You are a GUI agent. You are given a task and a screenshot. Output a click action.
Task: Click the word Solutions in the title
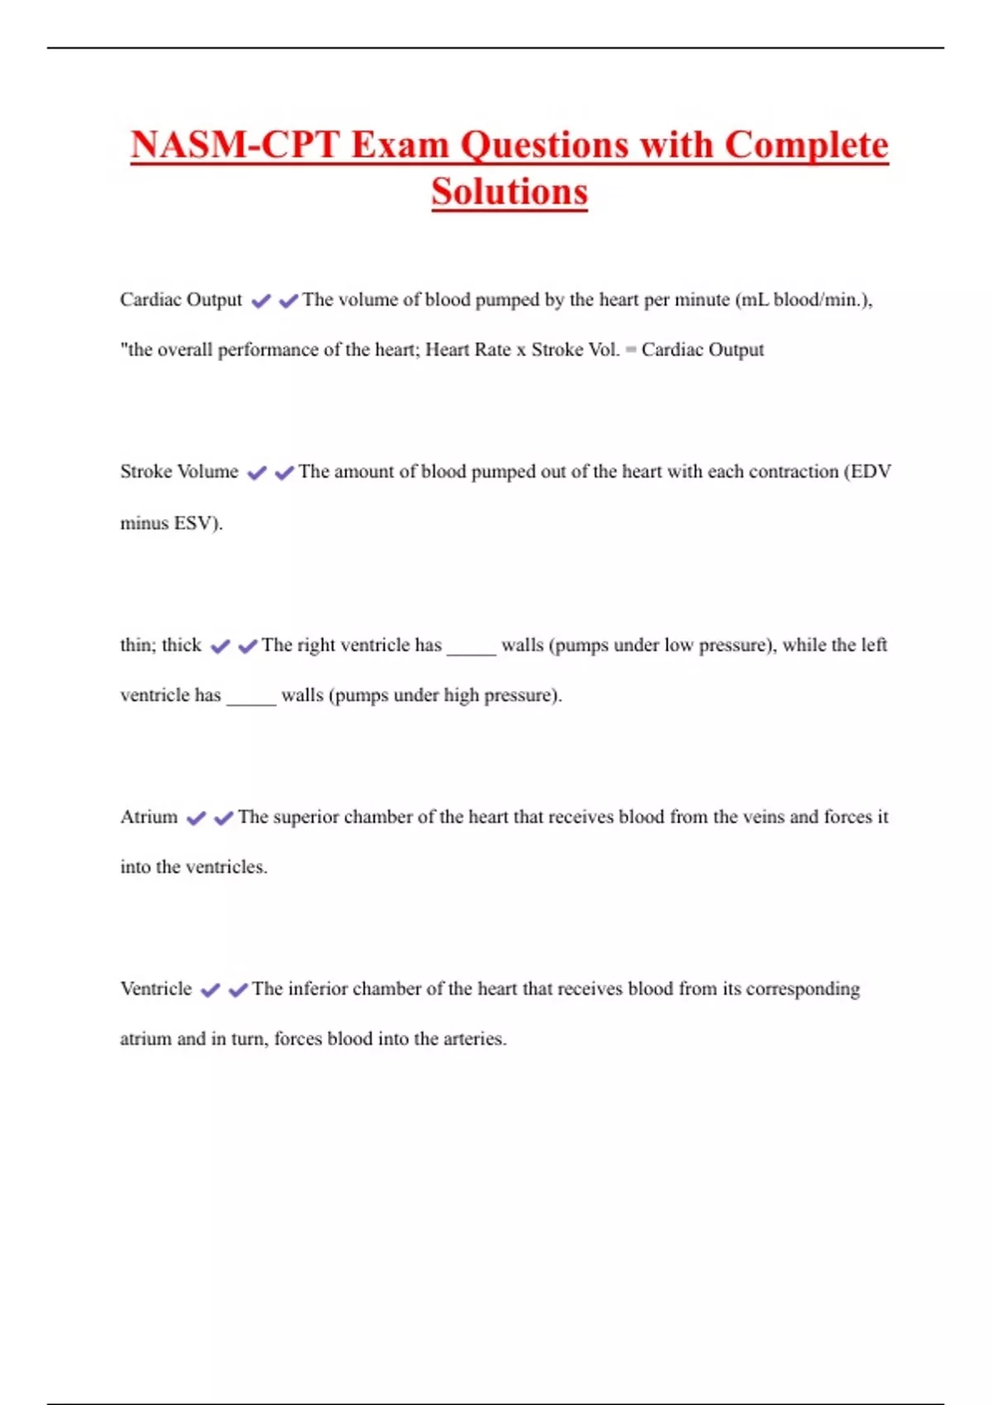click(x=509, y=192)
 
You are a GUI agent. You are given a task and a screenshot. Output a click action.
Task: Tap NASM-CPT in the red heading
click(x=235, y=145)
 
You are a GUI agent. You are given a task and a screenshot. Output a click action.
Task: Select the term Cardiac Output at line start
click(x=181, y=300)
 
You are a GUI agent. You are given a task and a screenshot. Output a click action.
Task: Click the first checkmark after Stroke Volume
click(x=257, y=473)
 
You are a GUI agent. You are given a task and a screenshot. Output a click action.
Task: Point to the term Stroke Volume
click(x=179, y=472)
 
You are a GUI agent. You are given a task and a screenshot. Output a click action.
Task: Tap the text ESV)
click(x=198, y=523)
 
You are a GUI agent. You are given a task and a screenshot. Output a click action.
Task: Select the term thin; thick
click(x=160, y=645)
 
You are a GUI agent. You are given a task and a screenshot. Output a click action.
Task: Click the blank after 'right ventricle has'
click(x=471, y=648)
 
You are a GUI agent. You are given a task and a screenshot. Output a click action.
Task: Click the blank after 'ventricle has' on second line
click(x=251, y=699)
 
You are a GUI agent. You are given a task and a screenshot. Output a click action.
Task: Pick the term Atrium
click(x=149, y=817)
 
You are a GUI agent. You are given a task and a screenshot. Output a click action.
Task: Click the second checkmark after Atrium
click(x=223, y=818)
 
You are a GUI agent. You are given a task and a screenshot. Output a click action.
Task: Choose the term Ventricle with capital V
click(x=155, y=989)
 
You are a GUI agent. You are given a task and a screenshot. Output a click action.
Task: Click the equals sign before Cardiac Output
click(x=631, y=350)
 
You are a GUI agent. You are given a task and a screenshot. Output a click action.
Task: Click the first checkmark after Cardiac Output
click(x=261, y=302)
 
